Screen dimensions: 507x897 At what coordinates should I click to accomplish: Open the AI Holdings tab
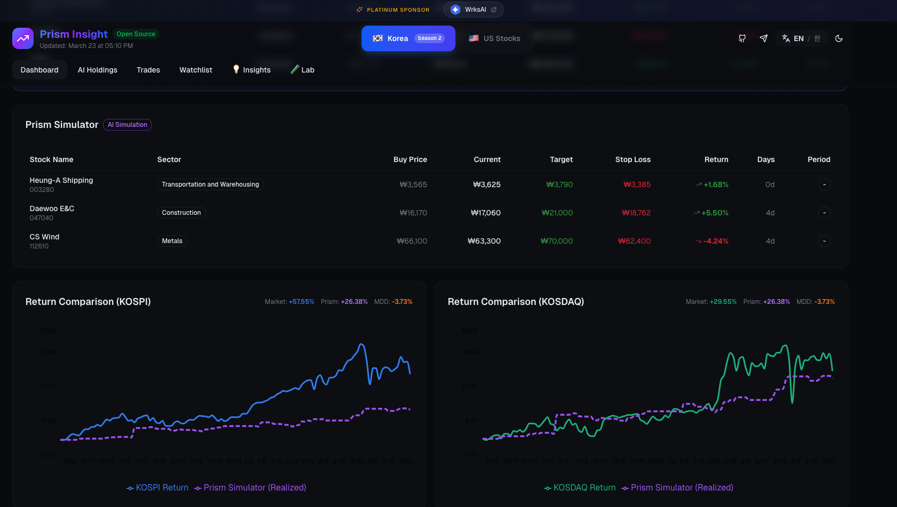[x=98, y=70]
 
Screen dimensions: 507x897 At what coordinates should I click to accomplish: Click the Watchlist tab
[x=196, y=70]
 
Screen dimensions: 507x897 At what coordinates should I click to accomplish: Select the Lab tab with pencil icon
[x=302, y=70]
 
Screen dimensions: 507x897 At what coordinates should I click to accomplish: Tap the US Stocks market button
[x=494, y=38]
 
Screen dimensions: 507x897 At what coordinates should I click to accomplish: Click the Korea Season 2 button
[x=408, y=38]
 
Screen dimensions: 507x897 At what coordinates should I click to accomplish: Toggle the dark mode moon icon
[x=839, y=38]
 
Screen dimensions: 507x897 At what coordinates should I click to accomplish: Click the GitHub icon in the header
[x=742, y=38]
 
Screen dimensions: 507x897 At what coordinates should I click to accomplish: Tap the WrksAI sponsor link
[x=474, y=10]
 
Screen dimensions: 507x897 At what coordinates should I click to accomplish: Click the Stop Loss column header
[x=632, y=159]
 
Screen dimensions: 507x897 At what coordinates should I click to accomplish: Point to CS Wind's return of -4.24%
[x=715, y=241]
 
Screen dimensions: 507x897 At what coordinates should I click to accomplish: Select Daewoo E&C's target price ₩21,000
[x=557, y=213]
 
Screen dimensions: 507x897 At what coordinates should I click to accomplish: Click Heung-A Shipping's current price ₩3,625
[x=487, y=184]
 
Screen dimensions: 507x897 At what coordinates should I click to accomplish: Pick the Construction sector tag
[x=181, y=213]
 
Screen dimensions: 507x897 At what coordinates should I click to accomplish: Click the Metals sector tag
[x=172, y=241]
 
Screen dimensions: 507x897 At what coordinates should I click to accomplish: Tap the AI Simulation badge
[x=127, y=125]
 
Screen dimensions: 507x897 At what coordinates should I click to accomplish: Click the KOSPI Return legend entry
[x=158, y=488]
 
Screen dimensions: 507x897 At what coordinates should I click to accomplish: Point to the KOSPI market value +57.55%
[x=301, y=302]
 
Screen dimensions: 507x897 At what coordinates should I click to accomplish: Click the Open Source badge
[x=136, y=34]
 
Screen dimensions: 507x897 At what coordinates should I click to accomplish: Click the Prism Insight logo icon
[x=23, y=38]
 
